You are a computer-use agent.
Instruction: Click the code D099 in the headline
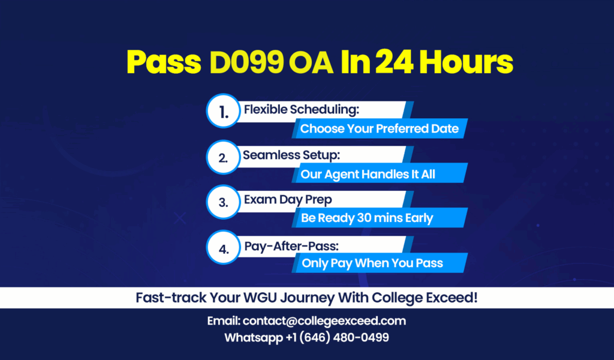coord(246,62)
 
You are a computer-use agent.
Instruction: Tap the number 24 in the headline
coord(395,62)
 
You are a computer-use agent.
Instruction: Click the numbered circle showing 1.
coord(223,111)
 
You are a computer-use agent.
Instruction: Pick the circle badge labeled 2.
coord(223,157)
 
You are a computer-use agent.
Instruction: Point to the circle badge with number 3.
coord(223,202)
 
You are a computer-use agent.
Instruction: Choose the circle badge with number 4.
coord(223,247)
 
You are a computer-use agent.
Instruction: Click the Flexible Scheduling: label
coord(302,109)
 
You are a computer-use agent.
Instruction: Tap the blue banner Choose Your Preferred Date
coord(380,128)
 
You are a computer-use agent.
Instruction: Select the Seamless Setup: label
coord(291,155)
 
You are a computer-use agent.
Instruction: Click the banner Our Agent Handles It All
coord(380,173)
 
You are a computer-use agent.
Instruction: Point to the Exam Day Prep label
coord(288,200)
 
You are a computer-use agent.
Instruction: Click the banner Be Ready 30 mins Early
coord(380,218)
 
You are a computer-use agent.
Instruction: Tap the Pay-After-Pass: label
coord(291,246)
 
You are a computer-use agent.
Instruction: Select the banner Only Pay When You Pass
coord(380,263)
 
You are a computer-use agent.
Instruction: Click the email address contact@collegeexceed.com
coord(324,321)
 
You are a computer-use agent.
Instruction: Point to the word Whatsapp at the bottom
coord(254,338)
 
